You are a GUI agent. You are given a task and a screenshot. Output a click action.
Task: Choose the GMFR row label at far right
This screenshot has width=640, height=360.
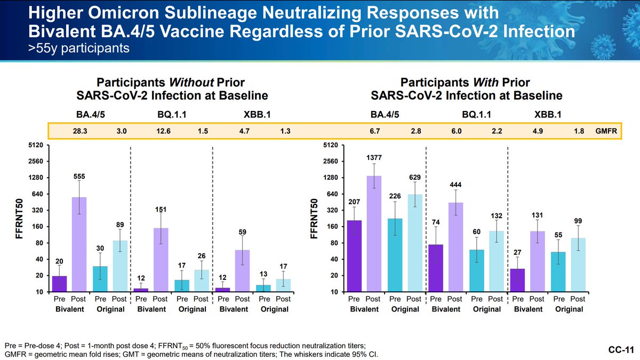(605, 131)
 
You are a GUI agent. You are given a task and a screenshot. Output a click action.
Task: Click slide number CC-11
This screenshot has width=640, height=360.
(621, 350)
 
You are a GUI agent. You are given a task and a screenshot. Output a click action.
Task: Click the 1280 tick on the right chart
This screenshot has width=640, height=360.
(331, 178)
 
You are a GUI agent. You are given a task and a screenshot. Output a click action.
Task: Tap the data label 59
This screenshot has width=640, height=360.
(243, 233)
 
